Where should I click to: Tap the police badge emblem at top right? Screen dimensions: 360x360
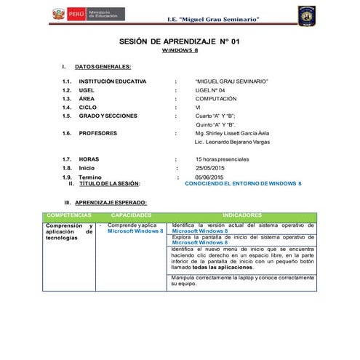click(x=306, y=14)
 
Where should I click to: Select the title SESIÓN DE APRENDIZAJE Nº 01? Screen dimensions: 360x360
click(x=179, y=43)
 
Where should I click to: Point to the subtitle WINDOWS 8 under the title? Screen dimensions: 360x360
click(x=179, y=52)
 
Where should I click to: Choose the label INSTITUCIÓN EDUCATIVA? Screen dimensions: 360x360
click(x=113, y=81)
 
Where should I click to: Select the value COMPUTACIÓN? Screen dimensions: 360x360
click(x=216, y=99)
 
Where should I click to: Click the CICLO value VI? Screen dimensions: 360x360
click(x=199, y=108)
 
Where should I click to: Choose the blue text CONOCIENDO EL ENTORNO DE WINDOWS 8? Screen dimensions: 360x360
click(x=244, y=184)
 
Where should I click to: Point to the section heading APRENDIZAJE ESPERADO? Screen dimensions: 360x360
click(x=111, y=201)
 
